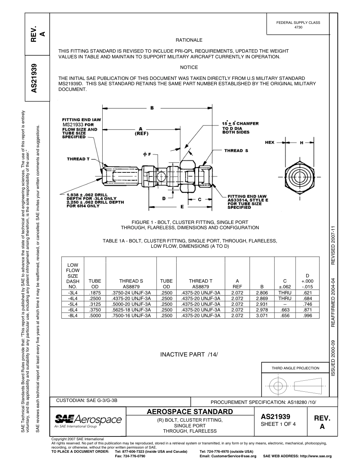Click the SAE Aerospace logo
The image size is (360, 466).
click(88, 421)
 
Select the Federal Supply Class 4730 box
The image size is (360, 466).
click(298, 25)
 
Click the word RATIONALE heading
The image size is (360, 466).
click(189, 40)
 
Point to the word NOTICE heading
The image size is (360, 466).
click(189, 67)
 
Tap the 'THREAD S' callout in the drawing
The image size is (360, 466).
click(236, 151)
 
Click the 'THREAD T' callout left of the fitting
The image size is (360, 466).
click(78, 159)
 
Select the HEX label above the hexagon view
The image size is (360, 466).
click(269, 142)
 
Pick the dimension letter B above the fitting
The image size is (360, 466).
click(152, 108)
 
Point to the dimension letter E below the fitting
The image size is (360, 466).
click(182, 207)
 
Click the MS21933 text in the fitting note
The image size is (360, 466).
click(72, 125)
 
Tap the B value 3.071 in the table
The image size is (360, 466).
click(262, 315)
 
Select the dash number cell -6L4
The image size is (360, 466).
click(73, 310)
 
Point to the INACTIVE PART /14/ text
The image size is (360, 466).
click(189, 355)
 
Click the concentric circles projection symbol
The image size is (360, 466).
click(279, 386)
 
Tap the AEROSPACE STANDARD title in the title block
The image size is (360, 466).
click(189, 412)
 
